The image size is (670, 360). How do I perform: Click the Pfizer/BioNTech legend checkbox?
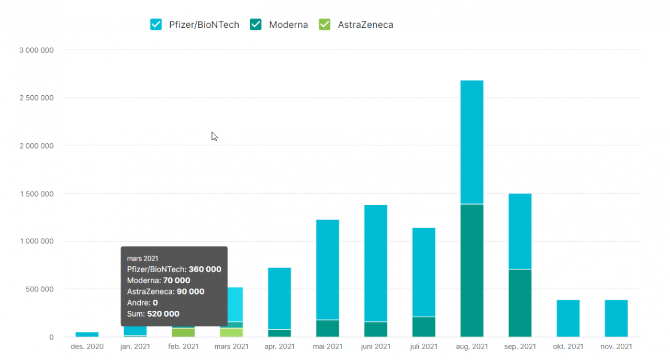point(156,25)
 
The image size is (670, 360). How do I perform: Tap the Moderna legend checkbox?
point(256,25)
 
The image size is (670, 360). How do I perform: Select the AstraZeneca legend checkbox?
point(325,25)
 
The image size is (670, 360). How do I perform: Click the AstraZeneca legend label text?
point(365,25)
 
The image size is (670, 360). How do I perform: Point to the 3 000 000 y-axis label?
point(36,50)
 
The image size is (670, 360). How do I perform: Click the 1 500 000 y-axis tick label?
point(36,194)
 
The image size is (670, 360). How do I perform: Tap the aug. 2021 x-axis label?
point(472,346)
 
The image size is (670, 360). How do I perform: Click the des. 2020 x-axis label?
point(87,346)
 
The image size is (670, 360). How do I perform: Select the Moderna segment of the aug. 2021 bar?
point(472,270)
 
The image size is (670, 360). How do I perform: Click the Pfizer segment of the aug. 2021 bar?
point(472,142)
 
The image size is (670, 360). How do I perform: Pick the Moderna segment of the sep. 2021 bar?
point(520,303)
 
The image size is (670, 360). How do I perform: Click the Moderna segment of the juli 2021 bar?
point(424,327)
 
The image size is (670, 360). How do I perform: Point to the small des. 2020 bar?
point(87,334)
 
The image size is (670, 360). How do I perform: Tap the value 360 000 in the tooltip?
point(205,269)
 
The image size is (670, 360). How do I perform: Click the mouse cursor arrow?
point(214,137)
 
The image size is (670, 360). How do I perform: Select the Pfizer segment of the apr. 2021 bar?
point(280,298)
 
